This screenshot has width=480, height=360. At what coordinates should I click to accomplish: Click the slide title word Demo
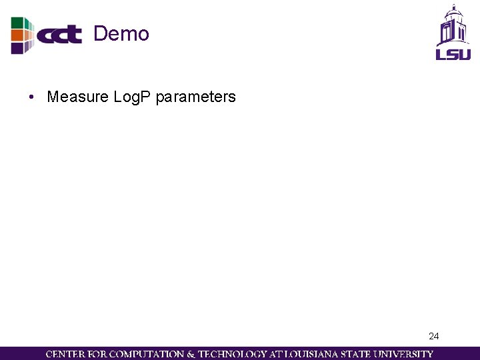coord(121,33)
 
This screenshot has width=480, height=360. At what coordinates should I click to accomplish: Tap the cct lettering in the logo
coord(59,35)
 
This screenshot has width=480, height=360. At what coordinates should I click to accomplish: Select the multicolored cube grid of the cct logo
coord(21,35)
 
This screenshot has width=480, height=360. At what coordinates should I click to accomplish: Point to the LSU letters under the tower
coord(453,53)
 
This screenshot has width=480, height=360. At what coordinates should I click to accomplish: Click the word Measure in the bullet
coord(77,97)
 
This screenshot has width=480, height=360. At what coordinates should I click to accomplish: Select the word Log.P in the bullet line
coord(133,97)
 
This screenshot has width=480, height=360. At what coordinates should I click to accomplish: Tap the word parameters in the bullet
coord(195,97)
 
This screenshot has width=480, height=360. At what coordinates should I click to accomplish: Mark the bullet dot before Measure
coord(31,97)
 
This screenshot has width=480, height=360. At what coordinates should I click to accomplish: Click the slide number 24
coord(434,336)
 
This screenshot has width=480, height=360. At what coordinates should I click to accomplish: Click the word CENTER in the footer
coord(65,354)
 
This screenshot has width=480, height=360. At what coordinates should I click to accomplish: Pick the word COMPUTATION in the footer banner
coord(145,354)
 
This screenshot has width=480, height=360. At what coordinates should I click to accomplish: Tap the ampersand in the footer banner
coord(190,354)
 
